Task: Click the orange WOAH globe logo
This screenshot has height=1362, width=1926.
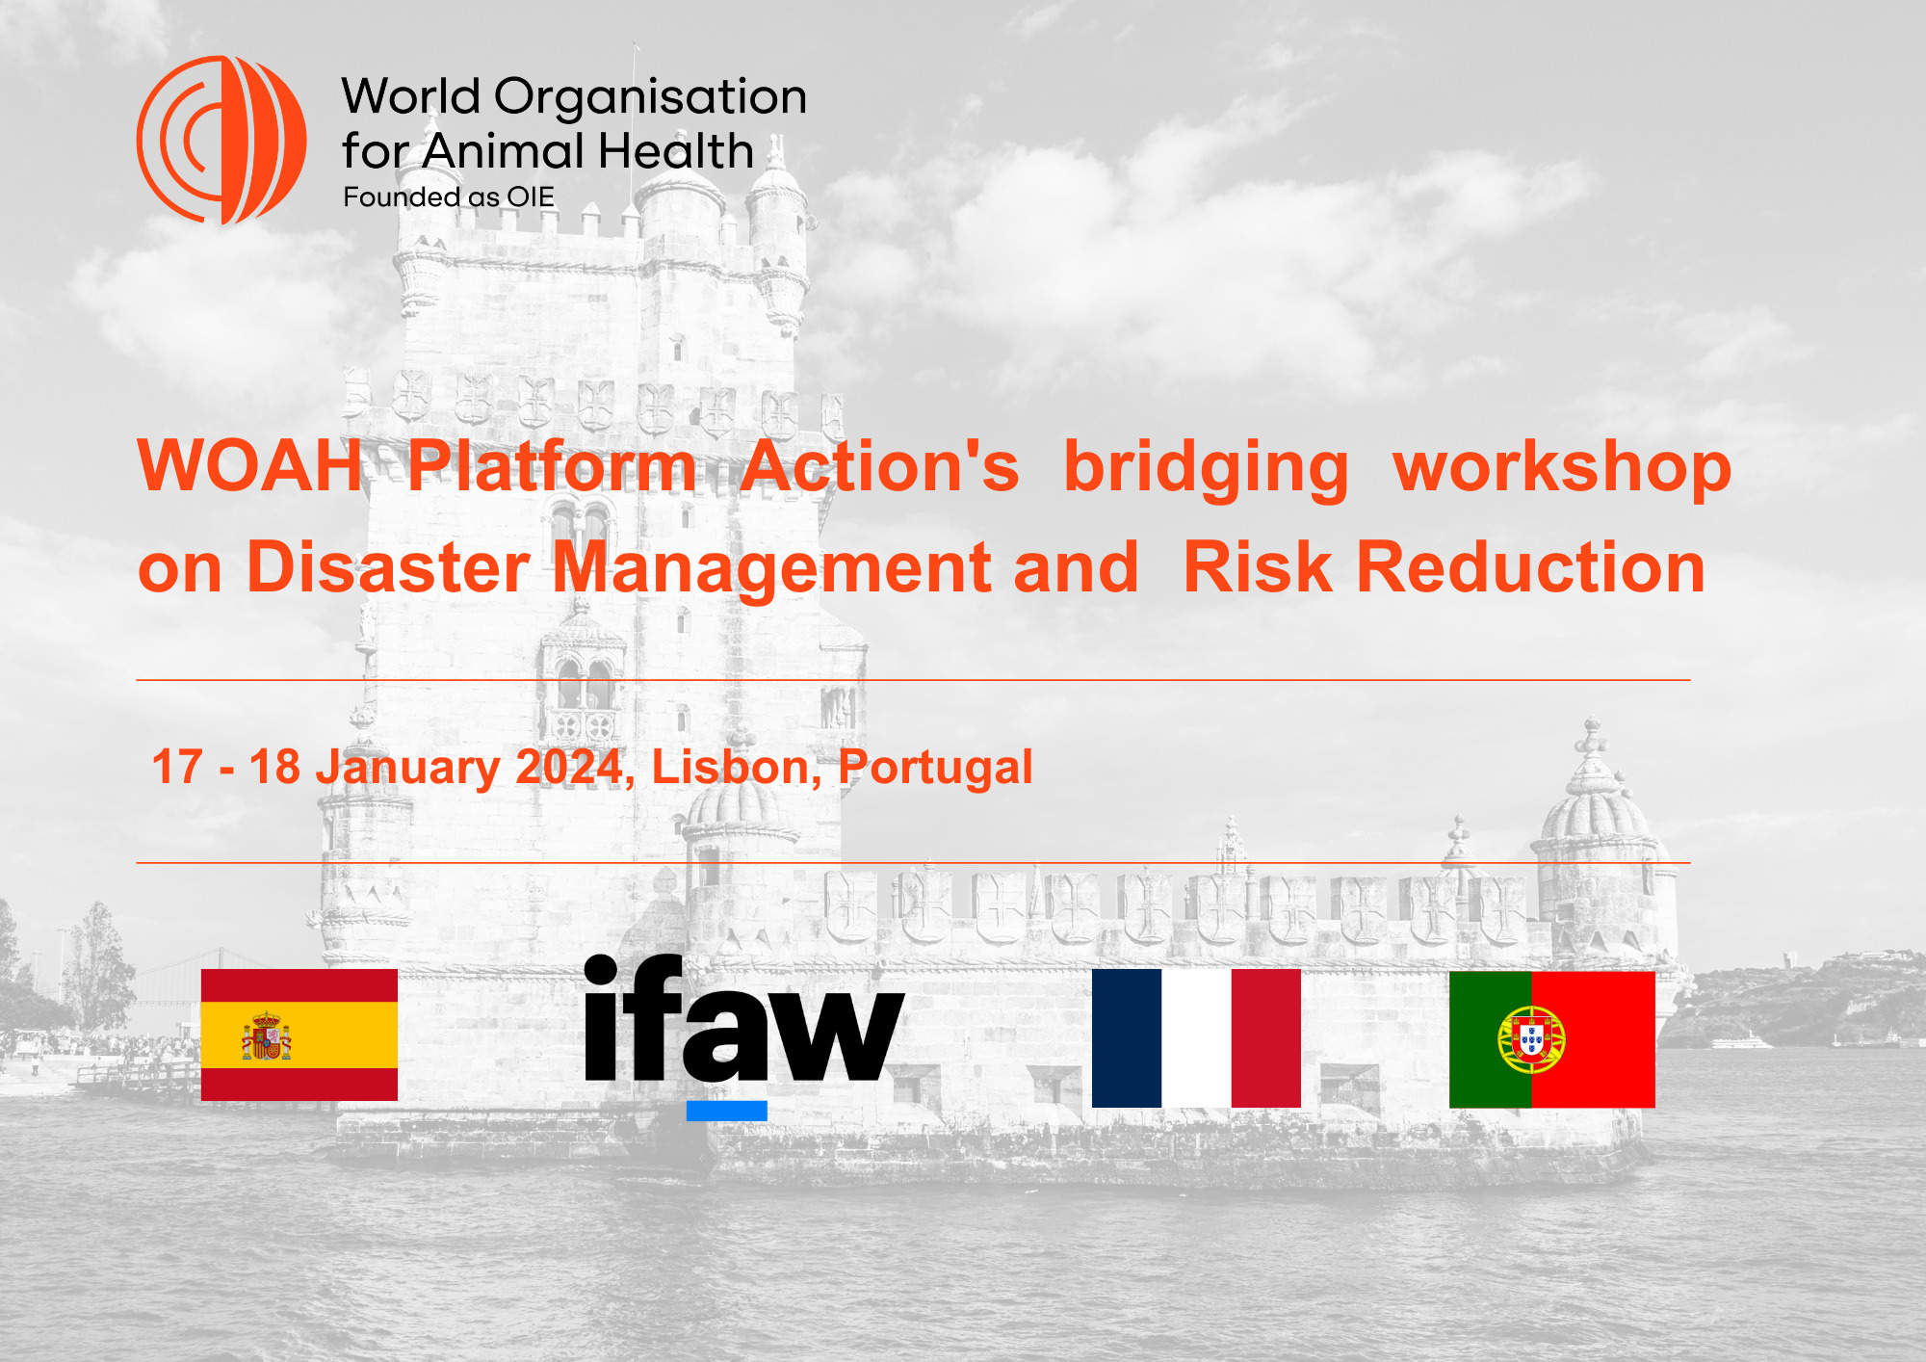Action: (x=221, y=140)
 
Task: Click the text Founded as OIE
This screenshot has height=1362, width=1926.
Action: (x=449, y=197)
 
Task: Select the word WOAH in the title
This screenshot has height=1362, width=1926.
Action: (x=250, y=466)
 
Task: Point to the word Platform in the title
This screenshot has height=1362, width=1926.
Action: (x=552, y=466)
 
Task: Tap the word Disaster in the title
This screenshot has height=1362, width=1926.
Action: (x=388, y=567)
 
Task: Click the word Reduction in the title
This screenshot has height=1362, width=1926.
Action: (x=1531, y=567)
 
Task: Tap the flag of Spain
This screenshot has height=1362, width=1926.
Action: (x=299, y=1035)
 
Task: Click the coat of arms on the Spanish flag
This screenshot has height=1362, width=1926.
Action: (x=267, y=1036)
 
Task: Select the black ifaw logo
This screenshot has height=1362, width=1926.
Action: (x=744, y=1019)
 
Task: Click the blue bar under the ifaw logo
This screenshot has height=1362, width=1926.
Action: (x=727, y=1111)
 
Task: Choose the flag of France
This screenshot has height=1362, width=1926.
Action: (x=1196, y=1038)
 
